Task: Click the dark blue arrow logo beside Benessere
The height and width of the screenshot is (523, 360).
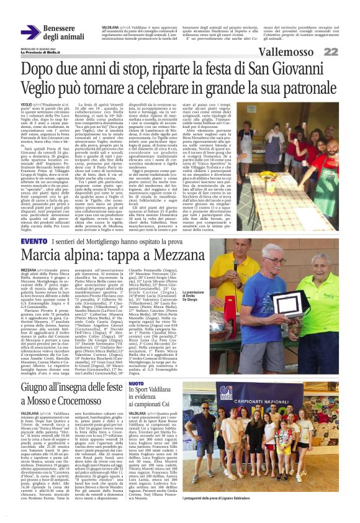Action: coord(30,33)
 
